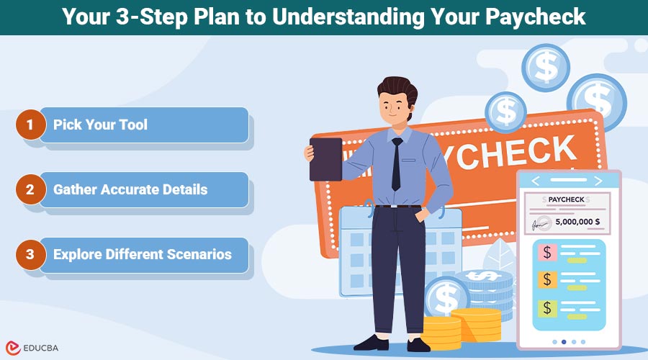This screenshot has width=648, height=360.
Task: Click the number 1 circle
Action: (30, 125)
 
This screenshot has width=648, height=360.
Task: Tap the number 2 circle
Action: (30, 190)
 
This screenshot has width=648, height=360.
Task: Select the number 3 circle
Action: (30, 254)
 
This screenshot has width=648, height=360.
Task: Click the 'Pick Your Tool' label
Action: (100, 125)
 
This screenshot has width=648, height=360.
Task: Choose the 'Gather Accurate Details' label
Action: (130, 190)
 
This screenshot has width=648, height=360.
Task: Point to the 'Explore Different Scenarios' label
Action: (143, 254)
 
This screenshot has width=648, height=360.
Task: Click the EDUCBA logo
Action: (35, 346)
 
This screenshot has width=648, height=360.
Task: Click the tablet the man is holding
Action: (325, 158)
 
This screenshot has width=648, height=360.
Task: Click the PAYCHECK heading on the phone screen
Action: (565, 199)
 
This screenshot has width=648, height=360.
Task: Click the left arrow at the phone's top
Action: (535, 181)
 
